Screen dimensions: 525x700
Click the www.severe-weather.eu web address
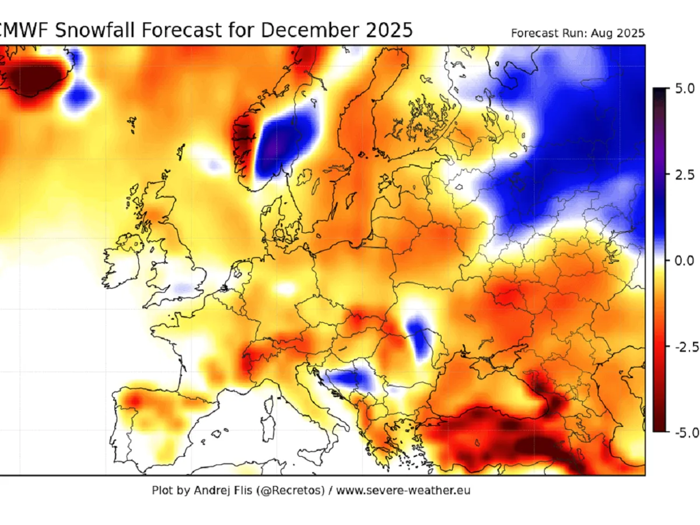point(403,490)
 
